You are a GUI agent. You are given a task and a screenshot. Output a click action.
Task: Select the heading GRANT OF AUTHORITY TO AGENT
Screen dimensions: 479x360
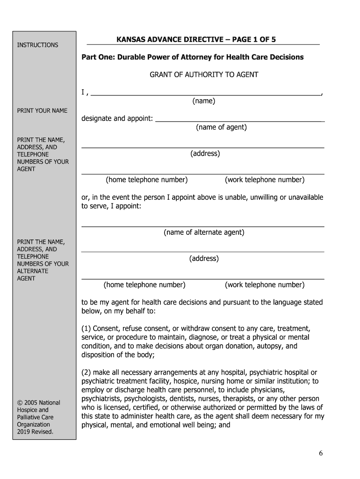point(203,74)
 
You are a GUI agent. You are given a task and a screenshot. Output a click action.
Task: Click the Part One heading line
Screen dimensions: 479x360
point(192,57)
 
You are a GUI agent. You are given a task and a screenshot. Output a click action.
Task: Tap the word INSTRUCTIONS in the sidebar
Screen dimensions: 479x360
point(37,45)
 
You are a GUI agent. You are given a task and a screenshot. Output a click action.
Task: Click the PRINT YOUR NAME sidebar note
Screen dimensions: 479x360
point(42,111)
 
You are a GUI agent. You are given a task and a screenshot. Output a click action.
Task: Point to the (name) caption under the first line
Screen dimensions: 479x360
point(203,101)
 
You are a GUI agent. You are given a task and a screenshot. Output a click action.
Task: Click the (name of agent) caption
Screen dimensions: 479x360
point(221,127)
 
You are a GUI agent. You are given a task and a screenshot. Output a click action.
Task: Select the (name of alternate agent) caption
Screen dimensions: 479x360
point(204,232)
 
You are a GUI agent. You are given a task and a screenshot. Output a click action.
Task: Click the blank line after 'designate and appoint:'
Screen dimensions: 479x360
point(239,120)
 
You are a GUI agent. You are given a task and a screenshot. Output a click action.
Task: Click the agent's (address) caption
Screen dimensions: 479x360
point(205,153)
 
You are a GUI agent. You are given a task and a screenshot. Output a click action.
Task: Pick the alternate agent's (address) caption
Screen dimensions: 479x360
point(204,259)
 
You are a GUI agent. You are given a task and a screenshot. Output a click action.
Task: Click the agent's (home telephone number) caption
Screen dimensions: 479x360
point(147,180)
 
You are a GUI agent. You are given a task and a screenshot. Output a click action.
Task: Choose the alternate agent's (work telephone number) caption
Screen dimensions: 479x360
point(264,285)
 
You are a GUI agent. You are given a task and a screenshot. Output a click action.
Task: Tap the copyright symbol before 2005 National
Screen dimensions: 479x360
point(20,403)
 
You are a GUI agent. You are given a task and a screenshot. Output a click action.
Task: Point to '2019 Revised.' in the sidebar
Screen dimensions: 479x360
point(35,432)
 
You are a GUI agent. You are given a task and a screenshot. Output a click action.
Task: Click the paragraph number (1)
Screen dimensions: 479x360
point(87,329)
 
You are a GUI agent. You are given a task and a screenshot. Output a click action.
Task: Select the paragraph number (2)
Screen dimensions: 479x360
point(87,372)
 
